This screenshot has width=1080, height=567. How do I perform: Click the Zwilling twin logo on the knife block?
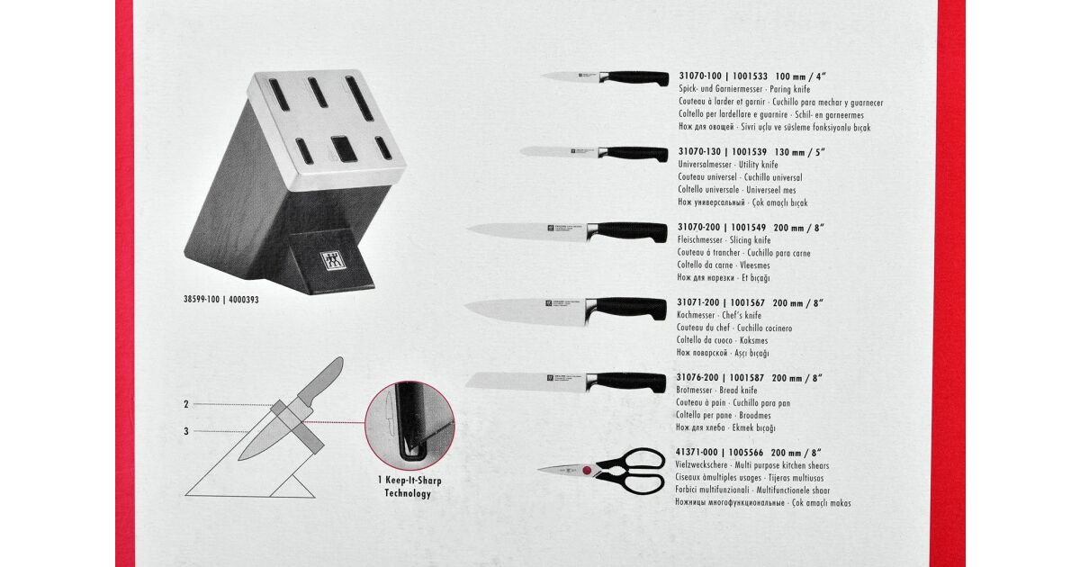[x=331, y=261]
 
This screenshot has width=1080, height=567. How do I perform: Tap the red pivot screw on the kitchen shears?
[x=586, y=470]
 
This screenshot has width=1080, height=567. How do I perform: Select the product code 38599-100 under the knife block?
[x=202, y=300]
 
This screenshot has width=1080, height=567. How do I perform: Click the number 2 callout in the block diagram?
[x=186, y=404]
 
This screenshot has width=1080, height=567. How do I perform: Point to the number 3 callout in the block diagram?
[x=186, y=431]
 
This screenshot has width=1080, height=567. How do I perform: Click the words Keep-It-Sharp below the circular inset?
[x=414, y=481]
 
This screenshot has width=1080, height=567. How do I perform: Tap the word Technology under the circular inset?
[x=408, y=493]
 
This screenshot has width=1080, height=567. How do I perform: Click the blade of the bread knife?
[x=526, y=382]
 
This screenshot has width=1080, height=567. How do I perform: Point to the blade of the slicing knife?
[x=526, y=231]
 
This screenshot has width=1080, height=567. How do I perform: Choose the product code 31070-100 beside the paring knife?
[x=700, y=76]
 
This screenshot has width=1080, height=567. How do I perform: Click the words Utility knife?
[x=759, y=165]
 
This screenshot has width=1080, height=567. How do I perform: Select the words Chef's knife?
[x=742, y=315]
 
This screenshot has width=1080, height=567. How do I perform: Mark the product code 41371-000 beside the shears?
[x=697, y=453]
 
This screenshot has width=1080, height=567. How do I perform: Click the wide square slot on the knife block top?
[x=344, y=149]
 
